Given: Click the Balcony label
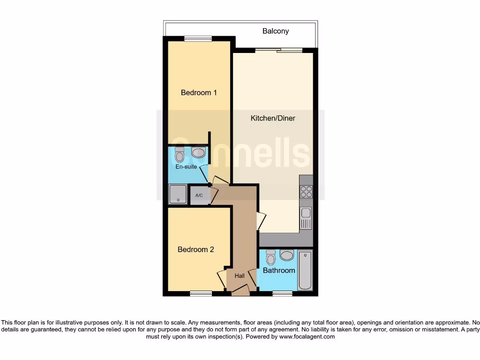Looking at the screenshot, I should pos(275,31).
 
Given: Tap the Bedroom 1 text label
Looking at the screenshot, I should pos(199,92).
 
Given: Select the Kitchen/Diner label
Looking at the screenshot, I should pos(273,118).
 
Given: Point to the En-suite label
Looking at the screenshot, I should pos(186,166).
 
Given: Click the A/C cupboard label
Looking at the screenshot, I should pos(199,195).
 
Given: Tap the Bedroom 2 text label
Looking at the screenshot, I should pos(195,249).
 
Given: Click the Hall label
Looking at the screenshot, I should pos(240,276).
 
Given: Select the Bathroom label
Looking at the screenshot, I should pos(279,270).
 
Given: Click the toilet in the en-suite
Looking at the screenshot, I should pos(180,154).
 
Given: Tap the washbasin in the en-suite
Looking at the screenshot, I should pos(198,152).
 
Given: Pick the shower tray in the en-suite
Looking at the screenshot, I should pos(177,194).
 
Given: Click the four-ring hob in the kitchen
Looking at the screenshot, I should pos(306,191).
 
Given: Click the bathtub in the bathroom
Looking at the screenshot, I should pos(305,270).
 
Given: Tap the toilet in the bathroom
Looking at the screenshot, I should pos(270,258).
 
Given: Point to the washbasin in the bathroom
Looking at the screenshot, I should pos(287,255).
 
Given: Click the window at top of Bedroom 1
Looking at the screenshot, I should pos(197,39).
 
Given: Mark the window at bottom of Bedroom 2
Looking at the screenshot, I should pos(201,294).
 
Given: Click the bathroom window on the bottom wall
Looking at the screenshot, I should pos(282,294).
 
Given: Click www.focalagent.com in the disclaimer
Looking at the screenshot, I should pos(307,337).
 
